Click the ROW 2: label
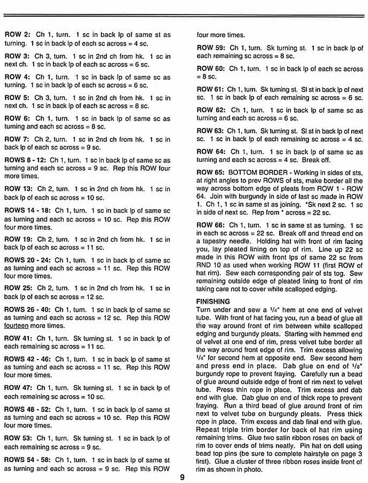[x=17, y=34]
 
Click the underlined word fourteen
[x=19, y=325]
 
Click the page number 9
[x=182, y=477]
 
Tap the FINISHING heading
[x=213, y=301]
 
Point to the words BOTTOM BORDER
[x=256, y=172]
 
